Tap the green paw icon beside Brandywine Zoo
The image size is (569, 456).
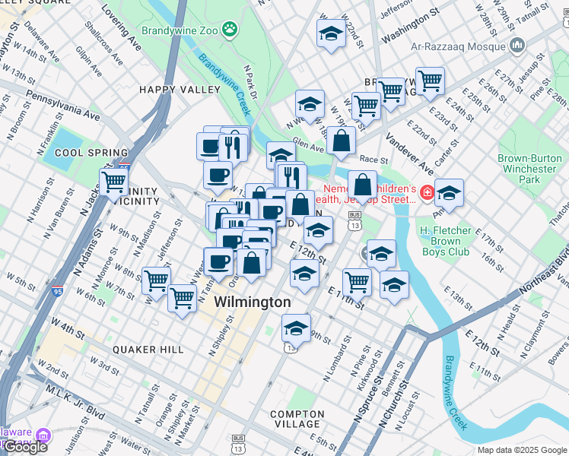point(230,29)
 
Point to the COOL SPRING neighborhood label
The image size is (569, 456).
point(86,153)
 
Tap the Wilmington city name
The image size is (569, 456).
point(252,302)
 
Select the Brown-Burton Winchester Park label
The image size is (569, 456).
point(527,169)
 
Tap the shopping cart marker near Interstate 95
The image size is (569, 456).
point(113,182)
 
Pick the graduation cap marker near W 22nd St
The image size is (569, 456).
point(331,33)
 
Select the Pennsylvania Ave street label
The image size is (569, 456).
point(63,106)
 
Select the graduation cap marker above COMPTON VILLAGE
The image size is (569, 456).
point(296,329)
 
